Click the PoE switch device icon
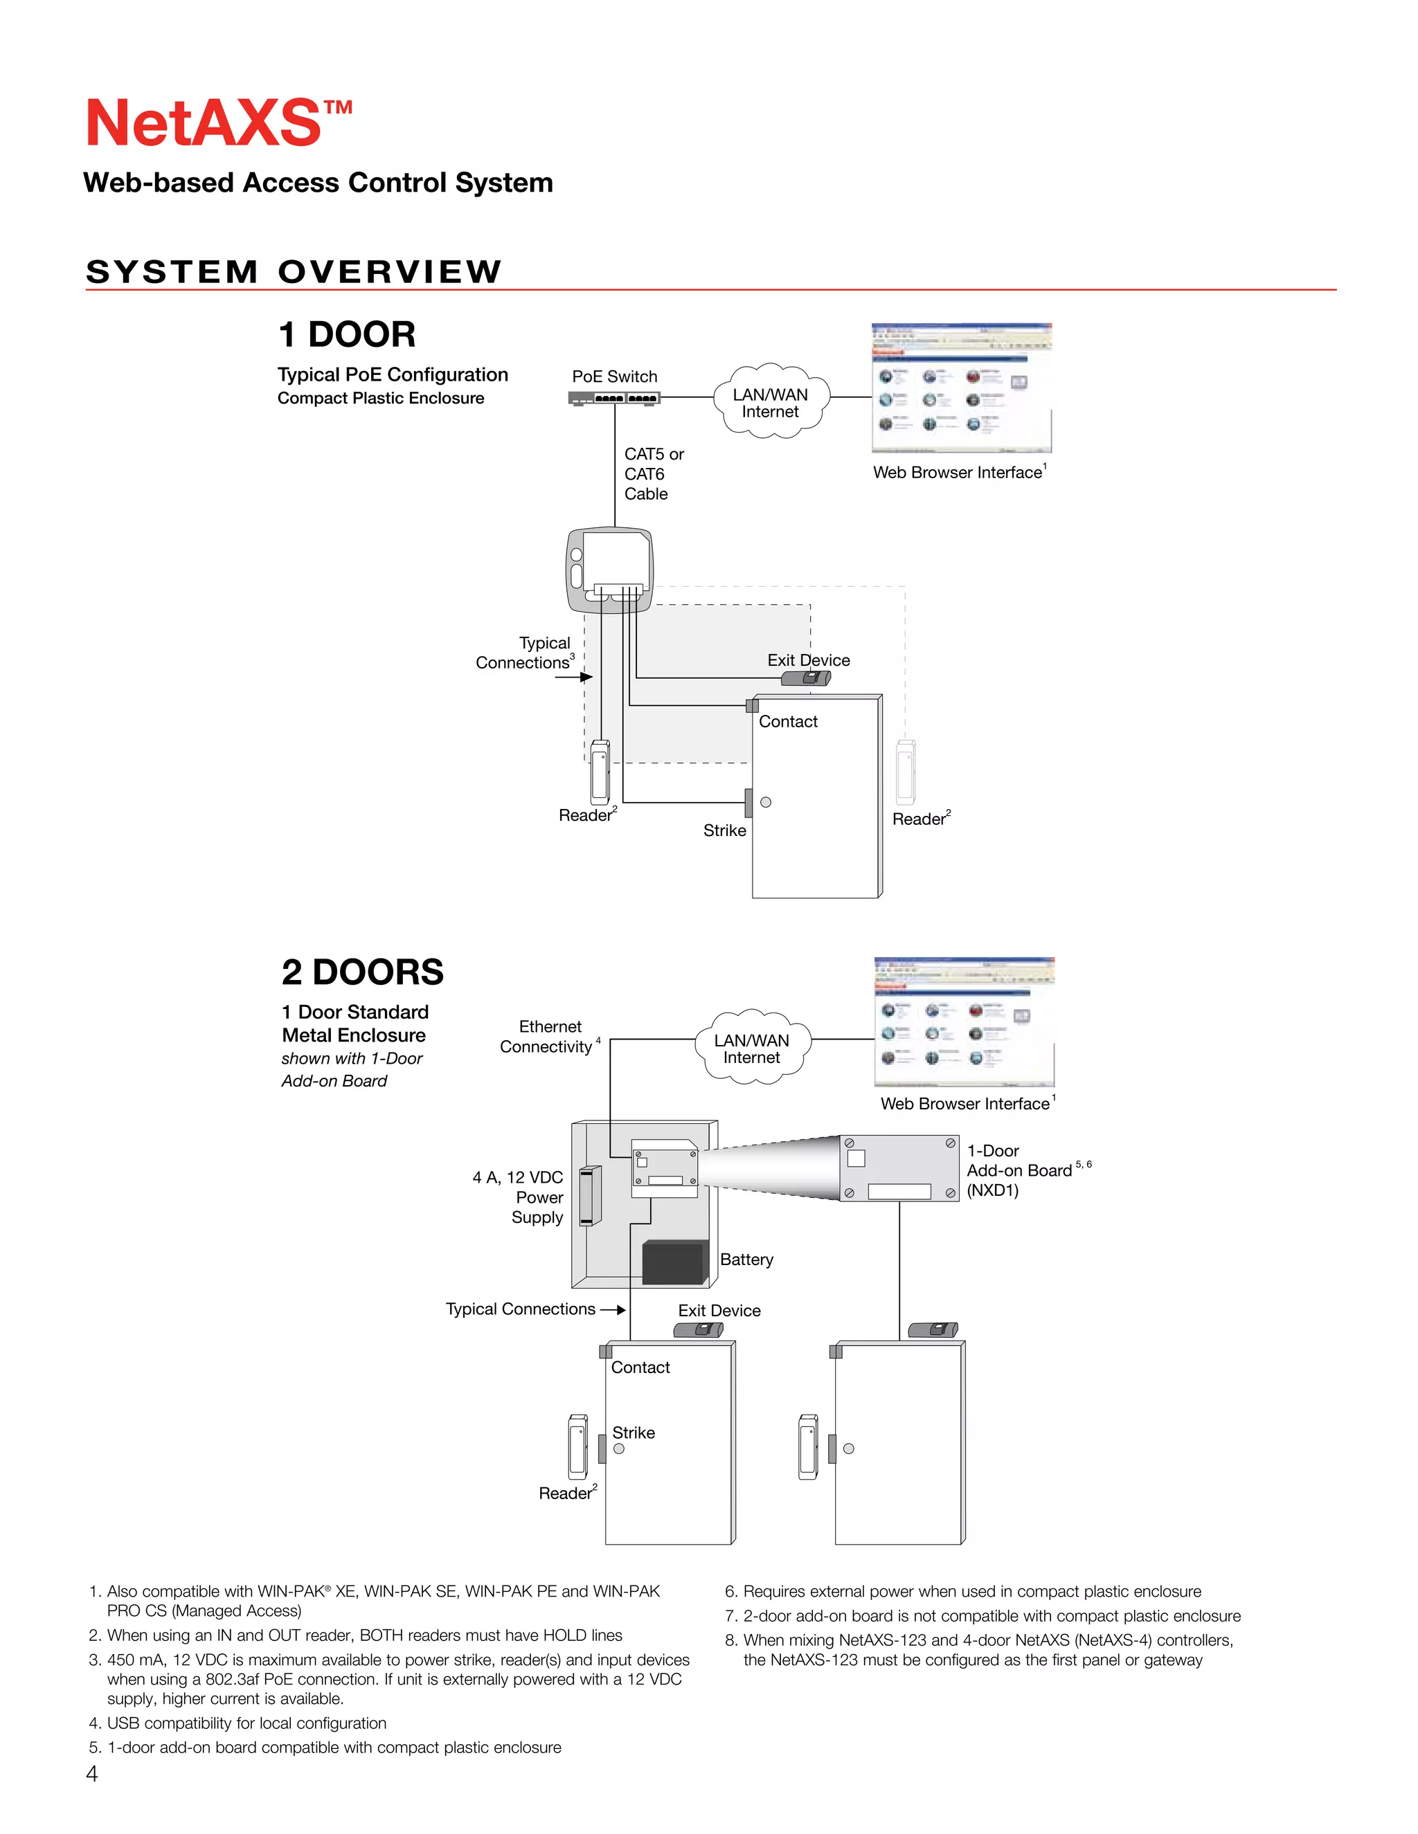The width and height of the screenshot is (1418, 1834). pos(614,398)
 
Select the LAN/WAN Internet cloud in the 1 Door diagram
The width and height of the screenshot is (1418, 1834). pos(771,402)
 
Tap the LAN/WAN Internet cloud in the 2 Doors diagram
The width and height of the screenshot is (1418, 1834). pos(752,1048)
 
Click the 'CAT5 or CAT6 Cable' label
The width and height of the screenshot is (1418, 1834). pos(654,473)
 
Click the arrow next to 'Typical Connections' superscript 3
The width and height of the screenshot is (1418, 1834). pos(575,677)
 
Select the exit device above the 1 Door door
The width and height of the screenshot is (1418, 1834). pos(806,678)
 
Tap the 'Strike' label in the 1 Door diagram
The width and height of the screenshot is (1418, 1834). pos(724,830)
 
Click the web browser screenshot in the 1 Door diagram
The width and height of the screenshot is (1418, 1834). pos(961,388)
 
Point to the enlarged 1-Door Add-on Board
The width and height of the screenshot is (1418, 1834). pos(899,1168)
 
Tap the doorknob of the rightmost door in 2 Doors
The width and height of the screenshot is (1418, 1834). pos(848,1449)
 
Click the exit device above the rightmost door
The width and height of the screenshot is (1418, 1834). pos(933,1329)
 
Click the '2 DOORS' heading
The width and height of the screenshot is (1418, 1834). pos(362,972)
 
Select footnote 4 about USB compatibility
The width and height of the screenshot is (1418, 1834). pos(246,1723)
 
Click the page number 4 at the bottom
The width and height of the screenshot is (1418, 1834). pos(91,1774)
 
